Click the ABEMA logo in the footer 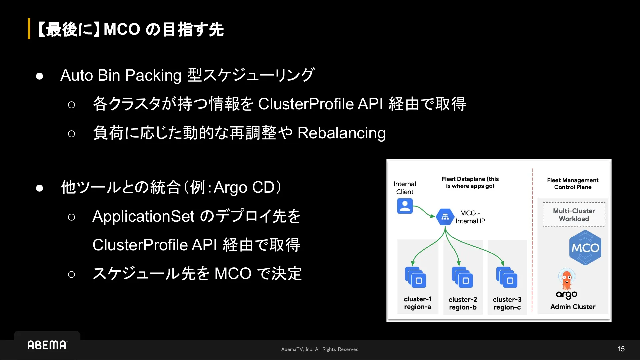click(x=47, y=345)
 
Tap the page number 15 click(x=621, y=349)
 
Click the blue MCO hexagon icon click(x=585, y=248)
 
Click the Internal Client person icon click(x=405, y=206)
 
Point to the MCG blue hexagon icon click(x=445, y=217)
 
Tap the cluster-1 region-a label click(x=418, y=303)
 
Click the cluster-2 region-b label click(x=463, y=303)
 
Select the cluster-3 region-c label click(x=507, y=303)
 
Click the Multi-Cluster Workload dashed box click(x=574, y=215)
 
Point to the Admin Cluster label click(x=573, y=307)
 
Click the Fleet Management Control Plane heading click(x=573, y=184)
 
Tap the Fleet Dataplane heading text click(x=470, y=182)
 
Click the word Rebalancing click(x=341, y=133)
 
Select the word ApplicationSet click(x=143, y=216)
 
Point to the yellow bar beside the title click(x=29, y=29)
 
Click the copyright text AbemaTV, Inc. click(x=320, y=349)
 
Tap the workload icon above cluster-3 click(x=507, y=277)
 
